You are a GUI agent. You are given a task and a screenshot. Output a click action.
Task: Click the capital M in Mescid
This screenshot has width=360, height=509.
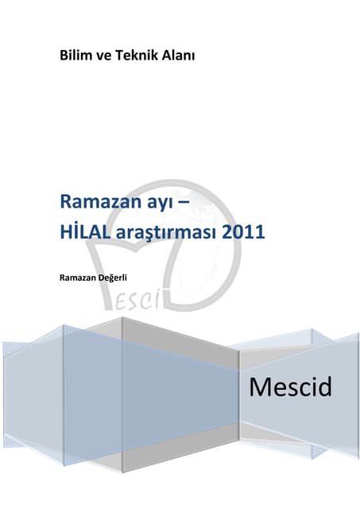pyautogui.click(x=259, y=388)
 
